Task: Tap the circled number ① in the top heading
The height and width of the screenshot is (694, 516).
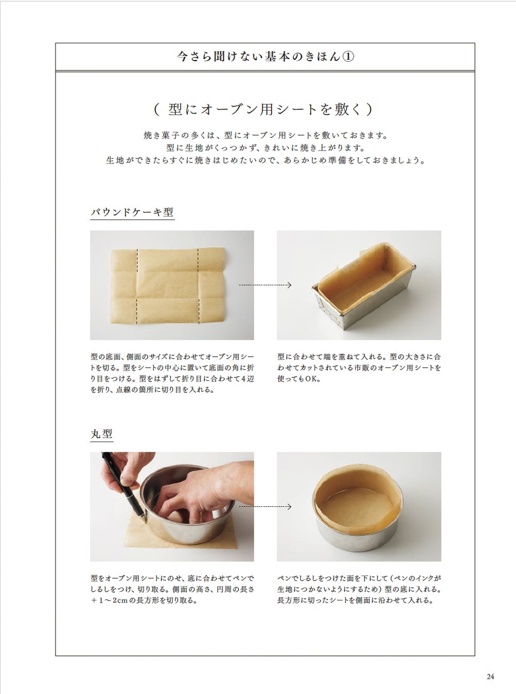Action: tap(348, 57)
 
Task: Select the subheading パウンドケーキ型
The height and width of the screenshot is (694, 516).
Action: tap(132, 212)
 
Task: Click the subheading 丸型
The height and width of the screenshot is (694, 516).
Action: tap(101, 434)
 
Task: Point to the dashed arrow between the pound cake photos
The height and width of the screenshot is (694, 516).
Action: tap(265, 285)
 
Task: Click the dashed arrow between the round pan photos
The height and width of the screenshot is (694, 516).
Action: tap(265, 506)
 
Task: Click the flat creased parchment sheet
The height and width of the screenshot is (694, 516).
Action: tap(168, 286)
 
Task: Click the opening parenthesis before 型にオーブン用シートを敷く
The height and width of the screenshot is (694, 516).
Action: tap(156, 109)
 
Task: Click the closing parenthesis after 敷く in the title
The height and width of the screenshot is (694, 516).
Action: tap(370, 109)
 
